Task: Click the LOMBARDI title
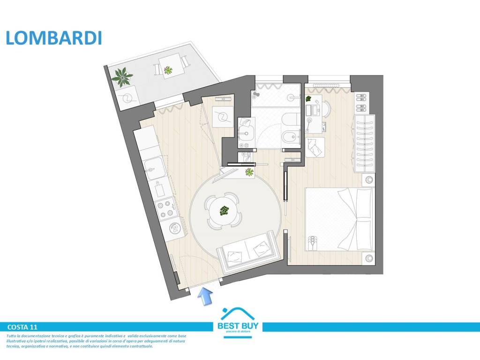coord(53,38)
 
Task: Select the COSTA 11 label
coord(23,327)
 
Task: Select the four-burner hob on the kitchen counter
coord(165,210)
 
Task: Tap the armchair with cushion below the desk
coord(315,147)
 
